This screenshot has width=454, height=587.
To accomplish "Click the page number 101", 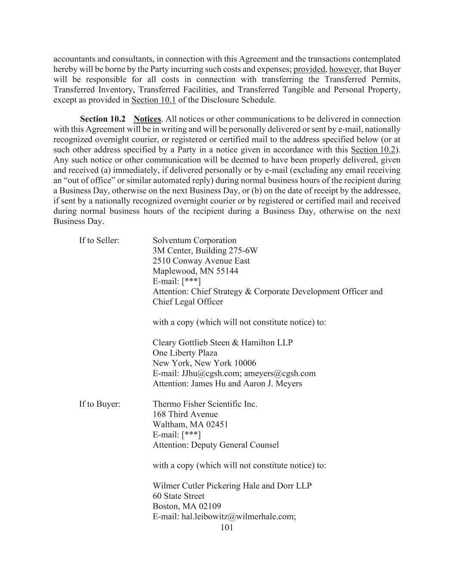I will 226,527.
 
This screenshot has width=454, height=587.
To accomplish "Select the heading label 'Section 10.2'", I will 103,119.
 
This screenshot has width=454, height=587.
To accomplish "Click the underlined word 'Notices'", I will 147,119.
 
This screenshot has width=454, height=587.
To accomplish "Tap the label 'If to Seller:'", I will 99,240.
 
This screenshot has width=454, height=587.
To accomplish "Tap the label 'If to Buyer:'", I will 99,404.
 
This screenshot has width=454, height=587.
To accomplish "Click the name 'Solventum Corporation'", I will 195,240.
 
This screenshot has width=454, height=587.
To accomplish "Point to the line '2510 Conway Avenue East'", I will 201,261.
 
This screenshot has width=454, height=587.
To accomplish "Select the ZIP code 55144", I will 227,271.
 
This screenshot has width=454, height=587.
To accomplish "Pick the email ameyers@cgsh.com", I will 280,373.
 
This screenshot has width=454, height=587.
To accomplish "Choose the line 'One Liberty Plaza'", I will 185,353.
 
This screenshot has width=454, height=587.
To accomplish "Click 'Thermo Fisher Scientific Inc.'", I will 205,404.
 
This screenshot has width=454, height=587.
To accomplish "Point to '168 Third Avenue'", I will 185,415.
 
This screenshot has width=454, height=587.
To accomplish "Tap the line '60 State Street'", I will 179,496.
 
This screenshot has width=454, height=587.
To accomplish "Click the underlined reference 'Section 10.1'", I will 154,100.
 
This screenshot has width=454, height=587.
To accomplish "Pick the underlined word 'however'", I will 344,70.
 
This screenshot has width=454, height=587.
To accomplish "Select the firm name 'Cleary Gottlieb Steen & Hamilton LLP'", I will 222,343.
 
